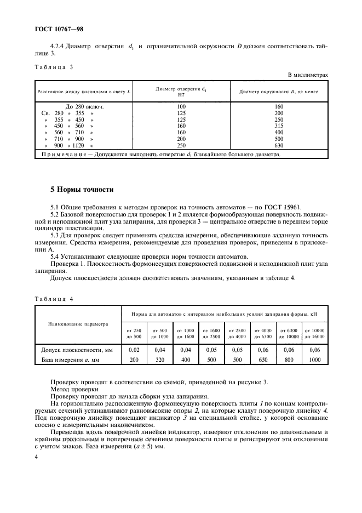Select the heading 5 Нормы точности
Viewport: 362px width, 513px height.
(x=82, y=190)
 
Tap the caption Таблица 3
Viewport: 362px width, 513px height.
(x=53, y=67)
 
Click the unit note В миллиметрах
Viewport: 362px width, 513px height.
(x=308, y=75)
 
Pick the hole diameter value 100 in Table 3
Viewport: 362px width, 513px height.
(x=182, y=106)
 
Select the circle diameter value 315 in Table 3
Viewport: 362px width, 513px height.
(x=279, y=126)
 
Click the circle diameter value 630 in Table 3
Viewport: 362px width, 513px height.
(x=279, y=146)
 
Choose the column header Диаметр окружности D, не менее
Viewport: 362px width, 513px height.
(x=279, y=92)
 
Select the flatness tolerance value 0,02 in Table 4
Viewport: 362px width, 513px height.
(x=134, y=350)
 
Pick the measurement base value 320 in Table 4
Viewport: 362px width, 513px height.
(x=160, y=360)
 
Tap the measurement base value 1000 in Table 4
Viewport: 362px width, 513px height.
(x=314, y=360)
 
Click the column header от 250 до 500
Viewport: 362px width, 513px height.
(x=134, y=333)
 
